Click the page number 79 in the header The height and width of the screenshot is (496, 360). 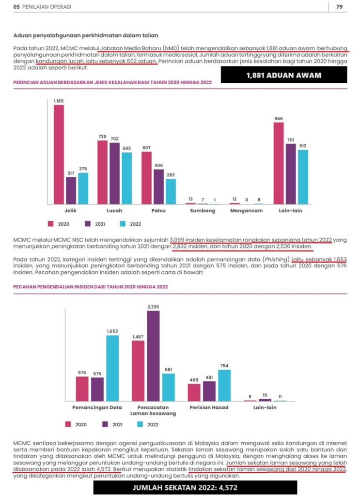pyautogui.click(x=339, y=6)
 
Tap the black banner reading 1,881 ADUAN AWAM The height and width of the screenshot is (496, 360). pyautogui.click(x=283, y=75)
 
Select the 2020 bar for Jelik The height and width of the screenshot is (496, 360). pyautogui.click(x=59, y=154)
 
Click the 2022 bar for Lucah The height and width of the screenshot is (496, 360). pyautogui.click(x=127, y=178)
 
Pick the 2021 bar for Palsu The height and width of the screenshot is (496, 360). pyautogui.click(x=159, y=186)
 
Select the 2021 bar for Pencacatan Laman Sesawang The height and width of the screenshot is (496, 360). pyautogui.click(x=153, y=356)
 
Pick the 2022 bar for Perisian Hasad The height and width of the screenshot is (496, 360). pyautogui.click(x=224, y=385)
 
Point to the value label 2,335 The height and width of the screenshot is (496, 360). pyautogui.click(x=153, y=307)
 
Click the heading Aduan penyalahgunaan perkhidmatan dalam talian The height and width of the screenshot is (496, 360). pyautogui.click(x=86, y=35)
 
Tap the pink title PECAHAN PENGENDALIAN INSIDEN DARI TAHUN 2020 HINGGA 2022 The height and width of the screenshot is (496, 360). pyautogui.click(x=91, y=287)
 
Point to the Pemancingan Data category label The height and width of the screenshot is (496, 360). pyautogui.click(x=97, y=407)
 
